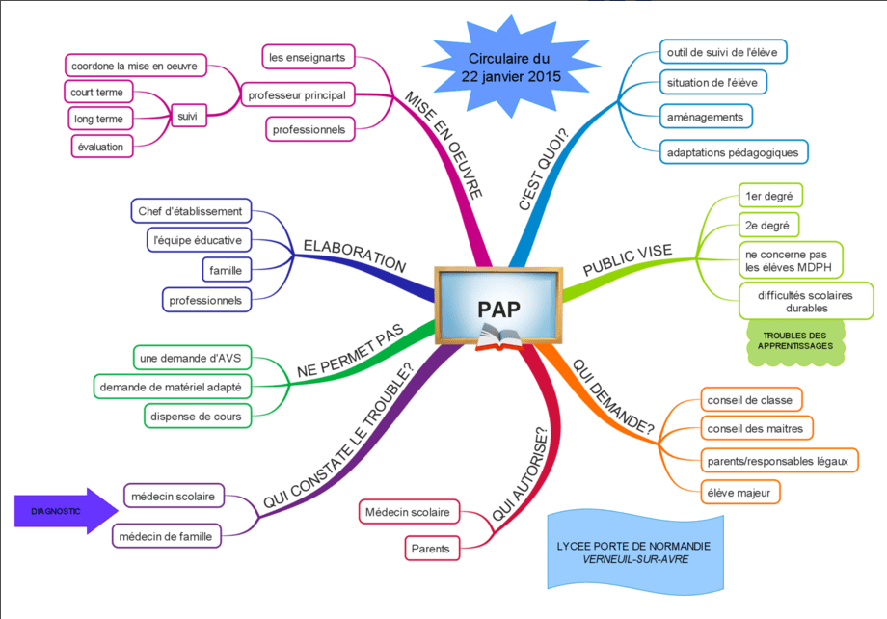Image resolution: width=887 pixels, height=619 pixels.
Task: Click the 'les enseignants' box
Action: coord(309,57)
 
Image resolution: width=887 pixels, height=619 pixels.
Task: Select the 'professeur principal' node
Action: coord(298,95)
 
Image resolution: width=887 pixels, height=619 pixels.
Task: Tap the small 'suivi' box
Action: coord(188,116)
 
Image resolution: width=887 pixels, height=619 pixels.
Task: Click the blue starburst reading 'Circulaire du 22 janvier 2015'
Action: coord(510,67)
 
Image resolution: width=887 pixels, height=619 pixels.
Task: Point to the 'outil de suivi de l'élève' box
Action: coord(723,52)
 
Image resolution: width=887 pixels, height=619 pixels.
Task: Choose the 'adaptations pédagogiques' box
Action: coord(734,152)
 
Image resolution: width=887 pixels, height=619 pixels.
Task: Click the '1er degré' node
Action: coord(770,196)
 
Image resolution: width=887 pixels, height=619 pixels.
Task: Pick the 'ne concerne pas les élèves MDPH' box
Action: coord(791,261)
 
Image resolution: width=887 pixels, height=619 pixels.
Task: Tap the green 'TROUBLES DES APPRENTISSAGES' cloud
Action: coord(795,341)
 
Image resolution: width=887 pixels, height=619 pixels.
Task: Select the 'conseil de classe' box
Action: coord(751,400)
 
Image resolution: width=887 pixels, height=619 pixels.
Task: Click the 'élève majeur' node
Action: coord(739,493)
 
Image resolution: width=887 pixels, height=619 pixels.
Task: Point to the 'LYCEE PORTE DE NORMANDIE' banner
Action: coord(635,552)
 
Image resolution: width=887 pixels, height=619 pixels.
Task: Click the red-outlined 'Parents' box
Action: coord(432,549)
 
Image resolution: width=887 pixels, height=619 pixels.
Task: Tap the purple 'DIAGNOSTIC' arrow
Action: coord(67,511)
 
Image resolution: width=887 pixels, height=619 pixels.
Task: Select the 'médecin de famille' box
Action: coord(166,536)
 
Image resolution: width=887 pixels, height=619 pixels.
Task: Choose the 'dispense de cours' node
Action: coord(197,417)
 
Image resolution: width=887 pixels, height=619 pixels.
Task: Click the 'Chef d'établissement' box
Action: coord(191,211)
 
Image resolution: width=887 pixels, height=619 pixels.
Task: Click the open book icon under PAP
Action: coord(498,338)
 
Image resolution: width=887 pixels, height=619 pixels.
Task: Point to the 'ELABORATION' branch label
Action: coord(355,256)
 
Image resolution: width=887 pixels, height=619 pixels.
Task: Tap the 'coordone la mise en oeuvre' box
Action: coord(135,66)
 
